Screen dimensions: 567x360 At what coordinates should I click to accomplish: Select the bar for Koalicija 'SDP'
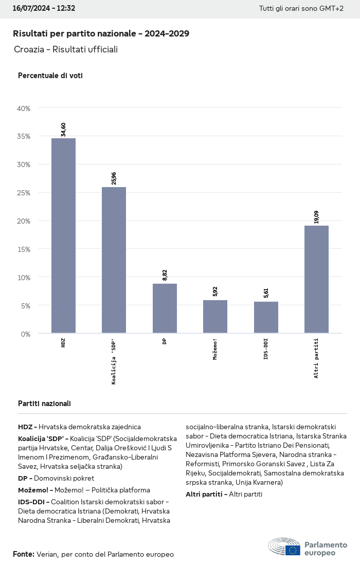click(x=114, y=260)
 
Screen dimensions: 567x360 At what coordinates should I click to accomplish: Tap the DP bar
click(x=165, y=308)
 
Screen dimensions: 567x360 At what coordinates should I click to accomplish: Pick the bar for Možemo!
click(x=215, y=317)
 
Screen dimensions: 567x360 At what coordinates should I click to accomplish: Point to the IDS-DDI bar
click(x=266, y=317)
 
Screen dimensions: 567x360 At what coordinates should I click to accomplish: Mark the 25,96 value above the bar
click(x=114, y=178)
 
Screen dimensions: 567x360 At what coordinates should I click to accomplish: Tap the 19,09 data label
click(x=316, y=217)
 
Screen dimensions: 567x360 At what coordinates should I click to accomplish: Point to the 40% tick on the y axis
click(x=24, y=108)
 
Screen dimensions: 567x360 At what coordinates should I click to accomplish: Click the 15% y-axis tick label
click(x=24, y=249)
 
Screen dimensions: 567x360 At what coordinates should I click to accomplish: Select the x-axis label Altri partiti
click(x=316, y=358)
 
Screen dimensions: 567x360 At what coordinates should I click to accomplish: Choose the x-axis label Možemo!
click(x=215, y=349)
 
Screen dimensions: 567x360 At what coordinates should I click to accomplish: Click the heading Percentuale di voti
click(x=50, y=76)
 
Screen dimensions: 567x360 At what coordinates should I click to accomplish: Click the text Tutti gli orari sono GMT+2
click(x=301, y=9)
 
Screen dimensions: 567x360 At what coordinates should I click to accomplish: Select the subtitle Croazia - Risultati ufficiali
click(x=66, y=49)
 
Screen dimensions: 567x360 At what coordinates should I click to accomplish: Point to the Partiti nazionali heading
click(x=44, y=404)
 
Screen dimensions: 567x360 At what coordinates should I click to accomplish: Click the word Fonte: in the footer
click(x=24, y=554)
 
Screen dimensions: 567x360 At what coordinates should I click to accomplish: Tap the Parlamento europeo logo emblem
click(x=284, y=547)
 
